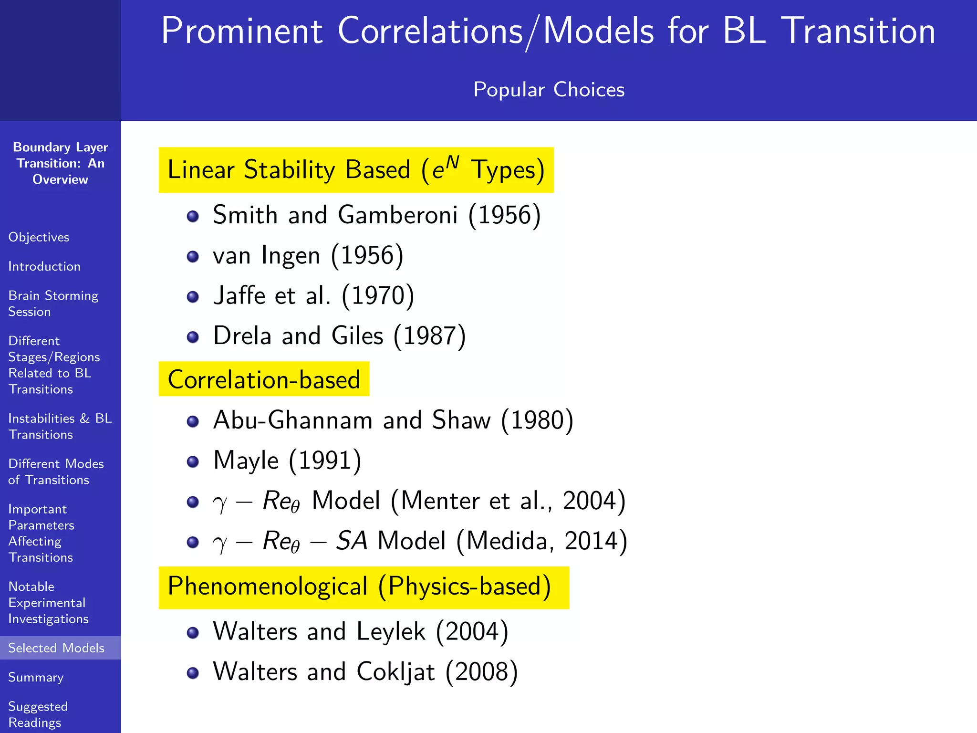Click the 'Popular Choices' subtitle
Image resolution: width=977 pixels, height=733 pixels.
(x=549, y=90)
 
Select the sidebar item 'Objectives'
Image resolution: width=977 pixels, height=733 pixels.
(x=39, y=237)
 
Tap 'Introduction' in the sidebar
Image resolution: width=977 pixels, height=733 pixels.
(x=44, y=266)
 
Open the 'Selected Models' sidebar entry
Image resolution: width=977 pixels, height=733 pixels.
(x=56, y=648)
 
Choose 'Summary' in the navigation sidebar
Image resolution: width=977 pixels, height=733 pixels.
(x=36, y=677)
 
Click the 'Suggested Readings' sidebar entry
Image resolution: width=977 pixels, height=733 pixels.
(x=38, y=714)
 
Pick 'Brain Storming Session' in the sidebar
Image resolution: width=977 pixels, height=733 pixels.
(x=53, y=304)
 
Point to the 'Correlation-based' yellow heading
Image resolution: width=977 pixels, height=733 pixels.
(x=264, y=379)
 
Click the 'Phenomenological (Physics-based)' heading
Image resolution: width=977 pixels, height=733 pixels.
(x=359, y=586)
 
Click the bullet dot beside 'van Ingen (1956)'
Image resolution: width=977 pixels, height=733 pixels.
(x=193, y=257)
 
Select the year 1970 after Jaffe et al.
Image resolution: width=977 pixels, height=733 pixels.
(x=378, y=295)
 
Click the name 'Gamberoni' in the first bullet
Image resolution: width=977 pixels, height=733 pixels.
(x=397, y=215)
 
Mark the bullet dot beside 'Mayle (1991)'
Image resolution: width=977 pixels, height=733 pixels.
(x=193, y=461)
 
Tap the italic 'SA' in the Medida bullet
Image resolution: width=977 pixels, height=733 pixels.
(x=352, y=541)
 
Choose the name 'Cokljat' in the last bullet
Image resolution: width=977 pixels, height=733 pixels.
(x=395, y=672)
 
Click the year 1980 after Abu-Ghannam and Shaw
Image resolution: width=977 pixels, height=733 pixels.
(x=537, y=420)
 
